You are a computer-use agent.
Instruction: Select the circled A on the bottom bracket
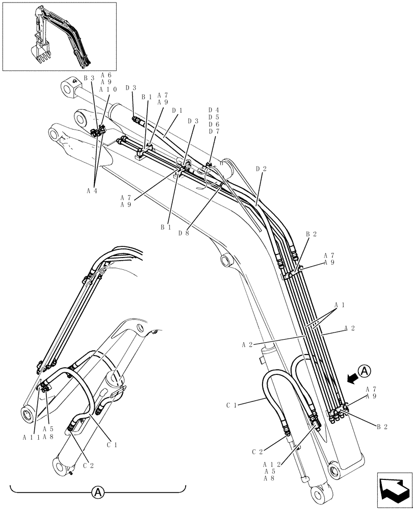click(x=97, y=493)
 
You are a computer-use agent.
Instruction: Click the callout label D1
click(x=177, y=110)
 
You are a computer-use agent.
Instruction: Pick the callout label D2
click(x=261, y=168)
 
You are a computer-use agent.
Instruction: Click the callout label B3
click(x=89, y=78)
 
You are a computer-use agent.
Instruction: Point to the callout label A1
click(x=339, y=305)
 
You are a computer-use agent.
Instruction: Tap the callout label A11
click(x=31, y=437)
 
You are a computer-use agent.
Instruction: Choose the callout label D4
click(x=214, y=110)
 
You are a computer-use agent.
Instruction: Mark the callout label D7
click(x=214, y=132)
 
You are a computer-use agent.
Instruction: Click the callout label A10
click(x=108, y=89)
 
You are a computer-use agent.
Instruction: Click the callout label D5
click(x=214, y=117)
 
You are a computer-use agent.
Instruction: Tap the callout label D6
click(x=214, y=124)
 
